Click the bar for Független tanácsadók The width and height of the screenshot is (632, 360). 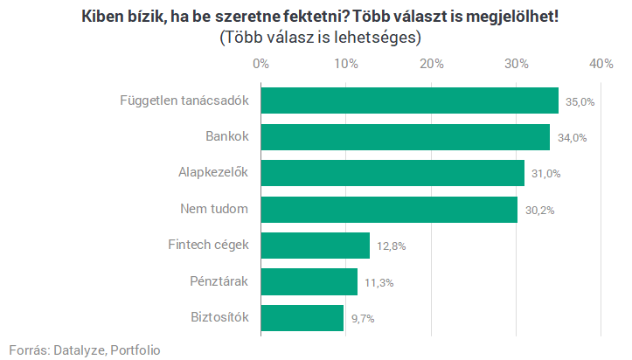(409, 100)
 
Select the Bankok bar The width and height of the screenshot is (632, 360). (405, 137)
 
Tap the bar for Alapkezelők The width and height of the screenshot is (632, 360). (392, 173)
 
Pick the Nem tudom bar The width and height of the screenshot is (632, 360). (389, 210)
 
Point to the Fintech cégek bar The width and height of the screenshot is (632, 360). (315, 246)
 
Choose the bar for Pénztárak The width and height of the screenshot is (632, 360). (309, 281)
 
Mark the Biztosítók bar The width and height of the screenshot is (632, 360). (302, 318)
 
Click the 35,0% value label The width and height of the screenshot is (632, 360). (580, 101)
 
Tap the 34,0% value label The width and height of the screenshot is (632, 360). (572, 138)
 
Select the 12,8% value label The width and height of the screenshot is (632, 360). (391, 246)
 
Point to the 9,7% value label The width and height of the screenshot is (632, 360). (363, 319)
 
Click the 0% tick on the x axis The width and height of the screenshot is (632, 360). (260, 64)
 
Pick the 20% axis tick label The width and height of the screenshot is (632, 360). (432, 64)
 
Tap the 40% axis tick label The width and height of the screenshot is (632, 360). (601, 64)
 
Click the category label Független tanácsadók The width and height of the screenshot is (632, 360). (184, 100)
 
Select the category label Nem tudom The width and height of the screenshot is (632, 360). (214, 210)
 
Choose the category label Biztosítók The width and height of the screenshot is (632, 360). (219, 318)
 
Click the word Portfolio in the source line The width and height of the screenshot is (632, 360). (135, 350)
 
